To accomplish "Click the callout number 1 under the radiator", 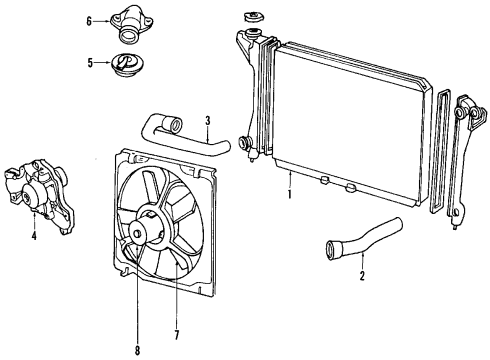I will coord(290,194).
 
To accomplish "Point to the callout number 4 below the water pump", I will coord(34,236).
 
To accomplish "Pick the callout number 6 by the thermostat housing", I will coord(89,20).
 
